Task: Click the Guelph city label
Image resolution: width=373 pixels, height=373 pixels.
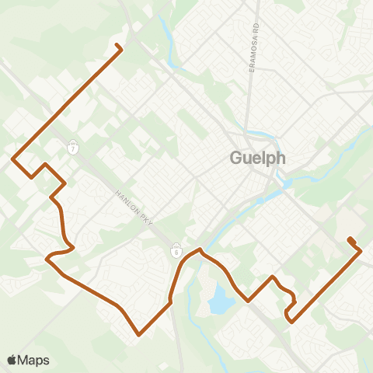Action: [x=258, y=158]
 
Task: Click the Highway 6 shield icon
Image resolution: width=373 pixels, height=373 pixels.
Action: [x=177, y=252]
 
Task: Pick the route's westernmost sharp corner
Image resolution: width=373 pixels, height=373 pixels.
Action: [x=13, y=159]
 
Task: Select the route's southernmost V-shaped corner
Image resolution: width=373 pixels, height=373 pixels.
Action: [x=139, y=335]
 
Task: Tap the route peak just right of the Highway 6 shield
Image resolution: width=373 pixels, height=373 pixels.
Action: [x=200, y=249]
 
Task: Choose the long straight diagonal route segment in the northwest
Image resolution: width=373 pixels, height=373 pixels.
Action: [x=66, y=105]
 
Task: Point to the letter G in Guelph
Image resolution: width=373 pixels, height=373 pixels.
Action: [x=236, y=158]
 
